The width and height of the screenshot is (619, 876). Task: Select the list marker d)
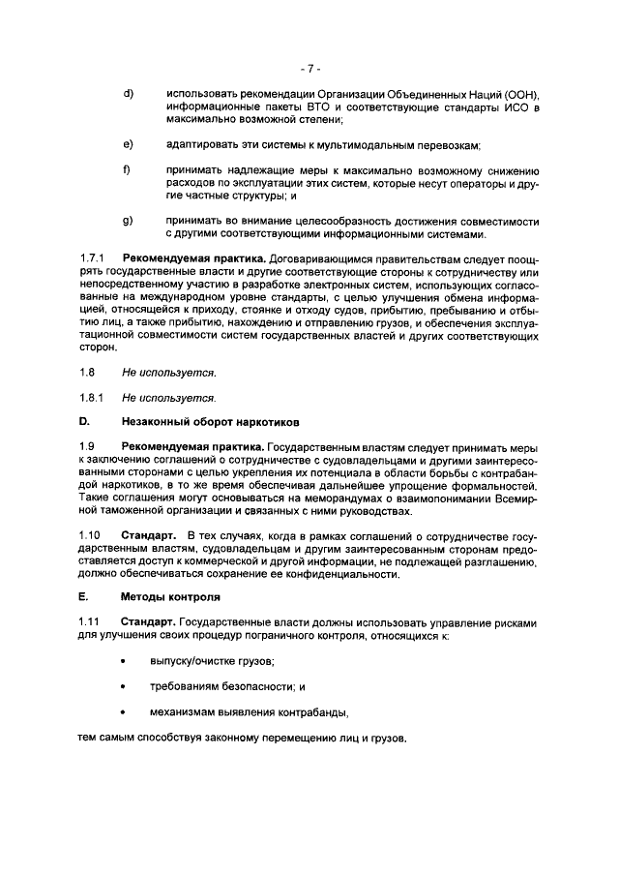point(127,93)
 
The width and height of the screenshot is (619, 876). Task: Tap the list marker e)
point(127,144)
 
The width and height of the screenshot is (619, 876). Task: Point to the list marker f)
point(126,170)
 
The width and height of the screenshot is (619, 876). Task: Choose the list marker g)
point(127,221)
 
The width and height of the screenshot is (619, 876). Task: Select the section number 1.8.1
point(90,397)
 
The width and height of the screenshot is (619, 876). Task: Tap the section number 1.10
point(89,534)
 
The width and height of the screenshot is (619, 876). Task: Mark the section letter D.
point(83,422)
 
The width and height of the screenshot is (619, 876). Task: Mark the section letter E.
point(82,598)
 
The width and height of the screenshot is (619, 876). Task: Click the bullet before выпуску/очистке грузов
point(124,661)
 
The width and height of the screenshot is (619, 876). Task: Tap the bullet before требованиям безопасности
point(124,687)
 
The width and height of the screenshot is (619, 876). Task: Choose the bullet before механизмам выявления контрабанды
point(124,713)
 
